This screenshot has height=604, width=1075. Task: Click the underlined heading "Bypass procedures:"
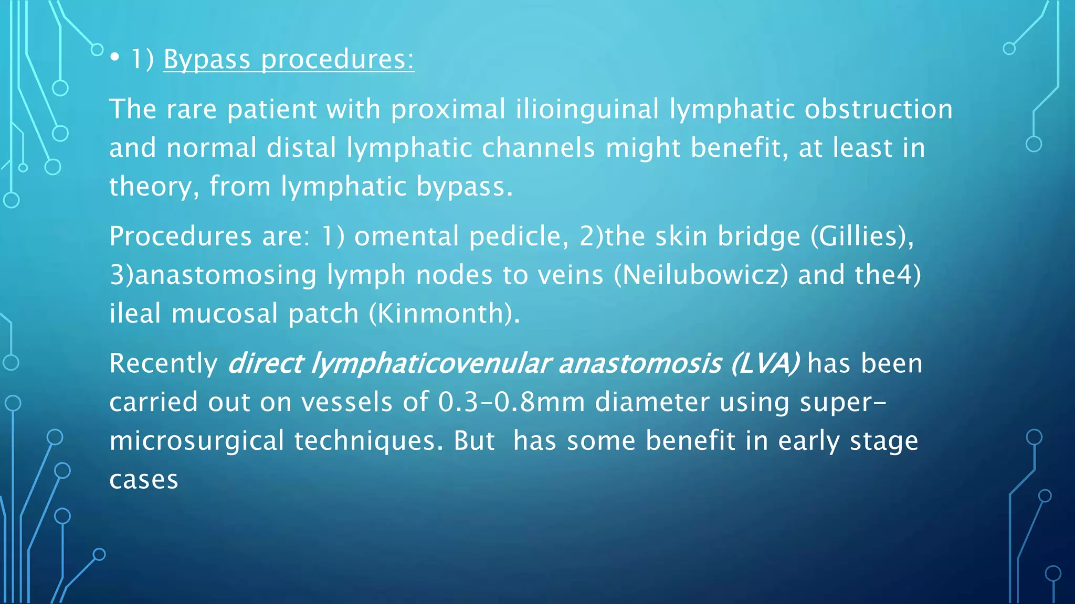coord(289,59)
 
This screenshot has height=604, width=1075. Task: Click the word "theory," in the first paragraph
coord(154,187)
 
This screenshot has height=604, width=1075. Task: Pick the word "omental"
coord(407,236)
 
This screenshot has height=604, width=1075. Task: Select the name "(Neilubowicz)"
coord(701,275)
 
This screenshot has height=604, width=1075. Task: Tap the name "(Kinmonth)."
coord(444,314)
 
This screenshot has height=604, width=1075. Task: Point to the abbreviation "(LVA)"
coord(765,363)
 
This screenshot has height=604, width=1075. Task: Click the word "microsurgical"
coord(197,440)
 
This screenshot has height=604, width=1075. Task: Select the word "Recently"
coord(163,363)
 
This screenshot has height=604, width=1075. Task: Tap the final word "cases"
coord(144,480)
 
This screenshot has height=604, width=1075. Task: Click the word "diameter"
coord(652,402)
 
